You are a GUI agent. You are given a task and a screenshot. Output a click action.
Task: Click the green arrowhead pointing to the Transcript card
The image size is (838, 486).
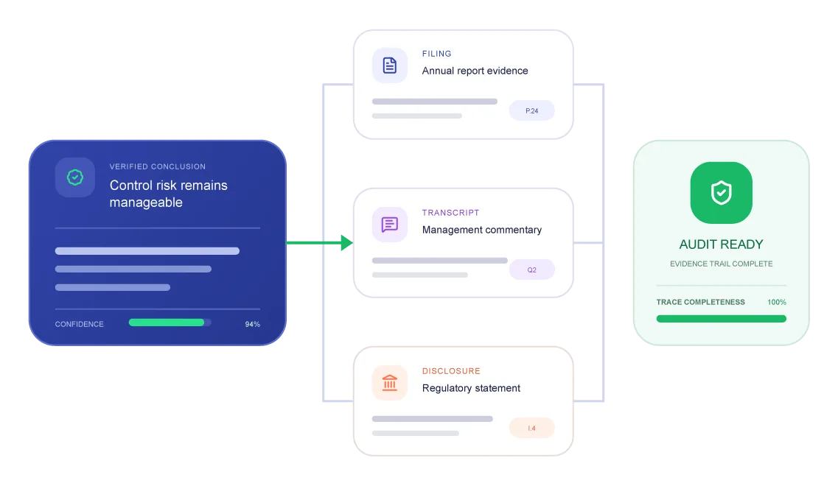click(347, 243)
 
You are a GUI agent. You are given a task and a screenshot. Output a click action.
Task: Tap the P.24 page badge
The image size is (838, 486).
click(532, 110)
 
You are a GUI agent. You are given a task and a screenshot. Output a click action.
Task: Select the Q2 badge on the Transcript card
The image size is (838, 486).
click(532, 270)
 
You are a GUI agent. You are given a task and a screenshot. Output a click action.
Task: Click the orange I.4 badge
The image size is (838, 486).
click(532, 428)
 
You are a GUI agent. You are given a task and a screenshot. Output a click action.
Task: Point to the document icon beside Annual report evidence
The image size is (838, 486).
click(390, 65)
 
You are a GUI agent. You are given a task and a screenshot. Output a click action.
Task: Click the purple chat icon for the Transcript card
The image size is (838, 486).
click(390, 225)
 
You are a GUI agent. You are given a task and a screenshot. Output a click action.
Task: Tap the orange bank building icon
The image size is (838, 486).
click(390, 382)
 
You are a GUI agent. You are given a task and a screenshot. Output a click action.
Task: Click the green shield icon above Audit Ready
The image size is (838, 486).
click(721, 193)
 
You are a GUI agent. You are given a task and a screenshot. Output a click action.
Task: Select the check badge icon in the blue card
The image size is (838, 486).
click(75, 177)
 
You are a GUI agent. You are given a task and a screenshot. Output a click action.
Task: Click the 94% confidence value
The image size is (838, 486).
click(252, 324)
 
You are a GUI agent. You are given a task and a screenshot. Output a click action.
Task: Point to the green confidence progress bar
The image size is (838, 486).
click(167, 323)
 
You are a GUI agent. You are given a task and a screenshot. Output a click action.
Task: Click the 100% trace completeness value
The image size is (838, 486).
click(777, 303)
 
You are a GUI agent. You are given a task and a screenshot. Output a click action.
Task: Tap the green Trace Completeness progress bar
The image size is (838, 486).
click(721, 319)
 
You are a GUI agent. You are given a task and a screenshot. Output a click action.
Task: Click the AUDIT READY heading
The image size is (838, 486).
click(721, 244)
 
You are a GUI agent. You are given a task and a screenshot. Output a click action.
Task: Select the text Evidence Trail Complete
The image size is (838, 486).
click(721, 264)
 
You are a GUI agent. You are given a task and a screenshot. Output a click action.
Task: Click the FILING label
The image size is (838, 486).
click(436, 54)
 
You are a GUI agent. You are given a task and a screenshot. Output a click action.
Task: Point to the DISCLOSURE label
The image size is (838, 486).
click(451, 370)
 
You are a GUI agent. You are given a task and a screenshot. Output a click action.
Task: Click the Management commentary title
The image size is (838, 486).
click(481, 230)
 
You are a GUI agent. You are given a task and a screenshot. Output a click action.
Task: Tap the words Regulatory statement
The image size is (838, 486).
click(471, 388)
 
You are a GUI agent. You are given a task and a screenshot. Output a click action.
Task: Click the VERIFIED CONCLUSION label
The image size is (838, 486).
click(158, 166)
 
